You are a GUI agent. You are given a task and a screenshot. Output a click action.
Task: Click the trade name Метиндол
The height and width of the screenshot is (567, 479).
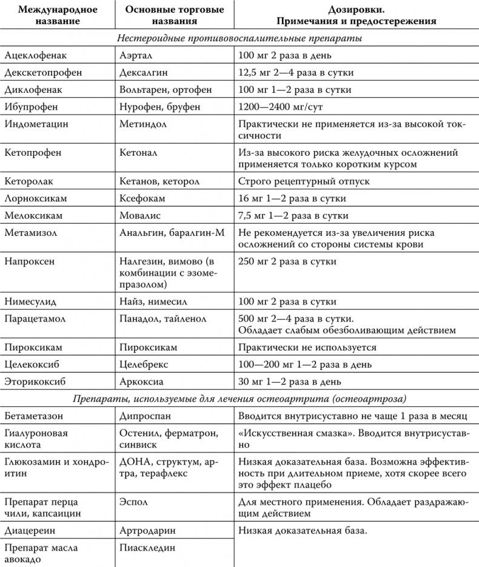click(143, 124)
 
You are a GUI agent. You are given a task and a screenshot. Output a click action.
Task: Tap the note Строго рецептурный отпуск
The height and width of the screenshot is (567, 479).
click(304, 181)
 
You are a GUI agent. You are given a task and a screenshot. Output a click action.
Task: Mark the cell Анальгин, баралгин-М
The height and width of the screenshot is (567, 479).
click(165, 233)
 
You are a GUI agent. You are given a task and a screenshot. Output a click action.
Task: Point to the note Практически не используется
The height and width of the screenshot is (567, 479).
click(307, 347)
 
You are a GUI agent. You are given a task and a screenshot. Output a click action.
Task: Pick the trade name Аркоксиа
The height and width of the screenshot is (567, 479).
click(142, 382)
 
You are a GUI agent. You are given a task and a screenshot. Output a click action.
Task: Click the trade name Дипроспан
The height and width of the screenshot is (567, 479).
click(146, 417)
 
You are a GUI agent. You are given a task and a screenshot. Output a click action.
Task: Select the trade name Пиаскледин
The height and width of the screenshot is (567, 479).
click(147, 548)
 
